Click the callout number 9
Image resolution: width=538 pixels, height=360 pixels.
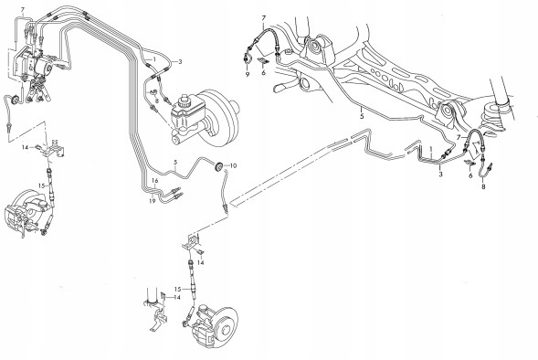pyautogui.click(x=248, y=74)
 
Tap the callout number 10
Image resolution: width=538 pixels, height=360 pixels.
pyautogui.click(x=233, y=165)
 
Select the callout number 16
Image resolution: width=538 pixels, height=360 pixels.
pyautogui.click(x=154, y=181)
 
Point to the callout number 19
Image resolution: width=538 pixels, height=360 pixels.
pyautogui.click(x=153, y=201)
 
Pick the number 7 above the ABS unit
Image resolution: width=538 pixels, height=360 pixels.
pyautogui.click(x=23, y=10)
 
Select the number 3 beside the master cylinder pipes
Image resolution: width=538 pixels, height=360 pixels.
pyautogui.click(x=180, y=62)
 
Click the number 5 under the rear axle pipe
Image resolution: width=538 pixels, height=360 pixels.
pyautogui.click(x=362, y=117)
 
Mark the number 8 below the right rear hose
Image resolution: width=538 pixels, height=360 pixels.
pyautogui.click(x=483, y=187)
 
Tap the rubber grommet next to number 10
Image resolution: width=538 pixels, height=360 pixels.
pyautogui.click(x=217, y=166)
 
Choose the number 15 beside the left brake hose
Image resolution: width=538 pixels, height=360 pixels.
pyautogui.click(x=41, y=185)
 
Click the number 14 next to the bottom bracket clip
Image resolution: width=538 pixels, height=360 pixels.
pyautogui.click(x=177, y=298)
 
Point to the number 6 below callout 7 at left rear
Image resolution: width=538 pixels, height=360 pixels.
pyautogui.click(x=263, y=73)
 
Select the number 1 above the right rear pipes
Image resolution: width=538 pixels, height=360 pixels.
pyautogui.click(x=432, y=150)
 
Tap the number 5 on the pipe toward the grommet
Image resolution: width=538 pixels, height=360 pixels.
pyautogui.click(x=175, y=162)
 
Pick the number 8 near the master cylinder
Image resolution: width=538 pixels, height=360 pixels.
pyautogui.click(x=156, y=101)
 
